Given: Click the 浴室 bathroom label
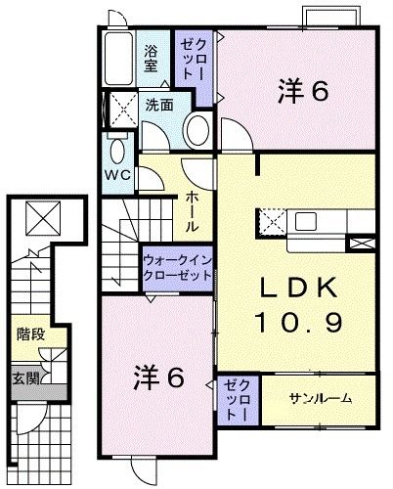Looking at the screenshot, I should click(152, 59).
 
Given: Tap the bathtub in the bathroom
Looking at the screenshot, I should click(121, 58).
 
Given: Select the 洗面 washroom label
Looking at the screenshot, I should click(161, 105).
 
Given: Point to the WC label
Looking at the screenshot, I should click(118, 175).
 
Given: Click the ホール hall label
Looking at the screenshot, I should click(193, 211).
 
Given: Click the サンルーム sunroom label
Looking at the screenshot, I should click(320, 400).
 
